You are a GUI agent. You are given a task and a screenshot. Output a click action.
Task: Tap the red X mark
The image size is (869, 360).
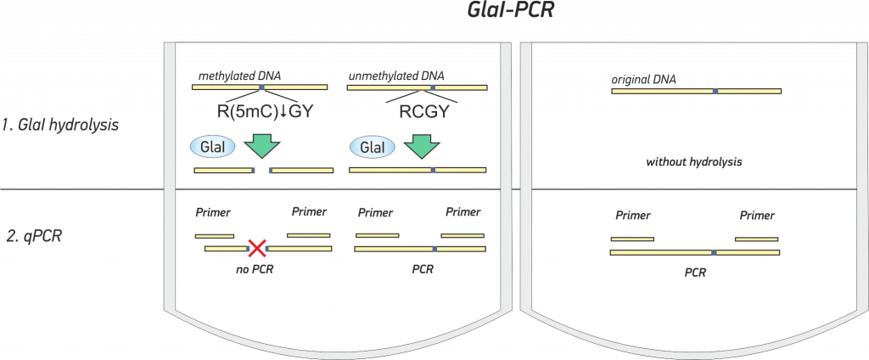coord(257,249)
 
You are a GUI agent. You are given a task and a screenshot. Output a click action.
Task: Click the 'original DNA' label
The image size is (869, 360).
coord(643,79)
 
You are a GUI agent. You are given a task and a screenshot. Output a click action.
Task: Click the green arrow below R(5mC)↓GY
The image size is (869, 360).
coord(262,146)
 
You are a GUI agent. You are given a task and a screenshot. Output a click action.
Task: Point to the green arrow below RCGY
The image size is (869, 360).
coord(421,146)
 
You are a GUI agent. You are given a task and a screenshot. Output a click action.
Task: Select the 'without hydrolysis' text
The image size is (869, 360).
coord(694,163)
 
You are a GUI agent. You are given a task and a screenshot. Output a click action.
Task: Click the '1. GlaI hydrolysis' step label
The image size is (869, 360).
coord(60,125)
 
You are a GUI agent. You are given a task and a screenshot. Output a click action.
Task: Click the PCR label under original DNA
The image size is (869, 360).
coord(695,273)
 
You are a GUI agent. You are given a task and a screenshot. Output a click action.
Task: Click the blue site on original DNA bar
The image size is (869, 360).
coord(715,90)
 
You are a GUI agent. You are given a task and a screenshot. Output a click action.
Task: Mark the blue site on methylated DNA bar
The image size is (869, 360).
coord(261,87)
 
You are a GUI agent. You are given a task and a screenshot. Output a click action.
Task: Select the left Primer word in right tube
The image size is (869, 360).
coord(633,215)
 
